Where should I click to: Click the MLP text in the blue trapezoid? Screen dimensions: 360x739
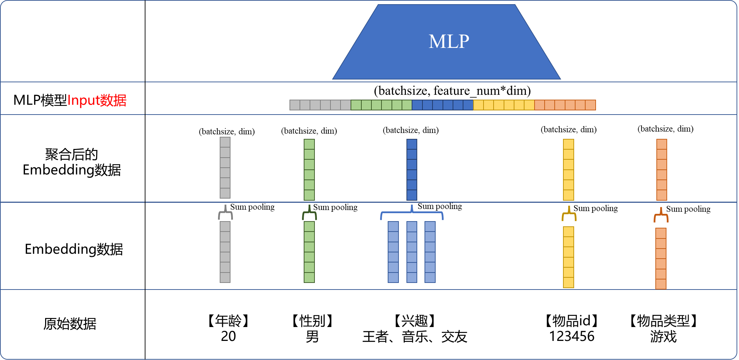(449, 42)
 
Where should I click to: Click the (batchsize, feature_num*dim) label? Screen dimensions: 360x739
(452, 91)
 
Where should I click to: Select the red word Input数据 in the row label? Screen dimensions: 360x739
(97, 100)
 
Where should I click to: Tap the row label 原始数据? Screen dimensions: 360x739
(70, 324)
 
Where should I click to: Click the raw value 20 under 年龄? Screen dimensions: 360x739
(228, 336)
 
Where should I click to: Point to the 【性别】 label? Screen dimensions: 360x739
(312, 321)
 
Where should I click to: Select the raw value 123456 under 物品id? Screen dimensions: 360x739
(571, 336)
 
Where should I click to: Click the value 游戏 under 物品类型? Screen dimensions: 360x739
(663, 336)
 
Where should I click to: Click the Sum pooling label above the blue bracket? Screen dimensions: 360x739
(439, 207)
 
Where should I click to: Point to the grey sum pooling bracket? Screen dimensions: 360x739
(225, 213)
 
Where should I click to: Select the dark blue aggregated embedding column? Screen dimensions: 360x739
(412, 170)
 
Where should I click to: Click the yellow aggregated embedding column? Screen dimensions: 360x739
(568, 170)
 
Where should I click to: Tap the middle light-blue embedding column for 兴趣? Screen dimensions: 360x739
(412, 252)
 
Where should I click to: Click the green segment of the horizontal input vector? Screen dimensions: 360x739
(381, 105)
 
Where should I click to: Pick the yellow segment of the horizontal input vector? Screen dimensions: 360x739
(504, 105)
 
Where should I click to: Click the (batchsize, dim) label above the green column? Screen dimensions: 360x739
(309, 131)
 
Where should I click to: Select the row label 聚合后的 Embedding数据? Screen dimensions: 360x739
(72, 162)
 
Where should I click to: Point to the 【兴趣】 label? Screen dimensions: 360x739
(415, 321)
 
